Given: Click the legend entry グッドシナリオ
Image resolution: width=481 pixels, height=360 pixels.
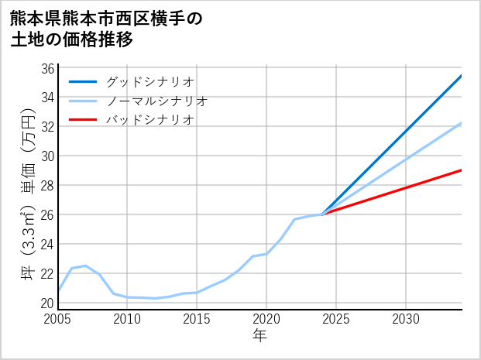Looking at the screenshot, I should (x=150, y=81).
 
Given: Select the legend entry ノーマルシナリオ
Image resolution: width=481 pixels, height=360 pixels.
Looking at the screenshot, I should (x=157, y=101).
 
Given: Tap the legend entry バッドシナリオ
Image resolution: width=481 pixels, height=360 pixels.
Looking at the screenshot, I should (x=150, y=120).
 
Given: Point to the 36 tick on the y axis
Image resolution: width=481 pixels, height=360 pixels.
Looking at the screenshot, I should (x=47, y=68).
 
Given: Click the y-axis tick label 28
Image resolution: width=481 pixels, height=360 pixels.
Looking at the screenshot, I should (x=47, y=185).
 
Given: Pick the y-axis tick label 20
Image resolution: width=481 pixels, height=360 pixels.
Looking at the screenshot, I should (x=47, y=303).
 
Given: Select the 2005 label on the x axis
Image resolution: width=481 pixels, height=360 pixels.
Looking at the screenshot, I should (x=58, y=320).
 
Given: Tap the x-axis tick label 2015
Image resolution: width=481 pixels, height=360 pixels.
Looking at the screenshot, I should (x=197, y=320).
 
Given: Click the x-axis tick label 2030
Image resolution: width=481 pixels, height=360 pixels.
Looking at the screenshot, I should (x=406, y=320).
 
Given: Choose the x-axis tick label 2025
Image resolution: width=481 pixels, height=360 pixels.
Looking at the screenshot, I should (x=336, y=320).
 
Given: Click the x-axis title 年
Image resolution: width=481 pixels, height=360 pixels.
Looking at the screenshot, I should (x=260, y=336).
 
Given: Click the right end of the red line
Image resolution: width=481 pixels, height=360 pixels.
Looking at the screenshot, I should (x=462, y=170).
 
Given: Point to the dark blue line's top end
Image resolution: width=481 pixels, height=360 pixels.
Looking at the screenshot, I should (x=462, y=76).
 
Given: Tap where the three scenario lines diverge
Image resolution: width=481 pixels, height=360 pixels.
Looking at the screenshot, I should (x=322, y=214).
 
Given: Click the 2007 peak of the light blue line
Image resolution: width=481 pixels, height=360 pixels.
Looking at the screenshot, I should (x=86, y=266).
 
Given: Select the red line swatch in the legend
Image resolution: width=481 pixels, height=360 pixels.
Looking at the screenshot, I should (x=83, y=120).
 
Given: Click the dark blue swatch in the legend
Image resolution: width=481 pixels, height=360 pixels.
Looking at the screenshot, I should (x=83, y=81).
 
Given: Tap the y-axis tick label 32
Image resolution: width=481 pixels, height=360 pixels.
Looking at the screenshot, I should (x=47, y=126).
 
